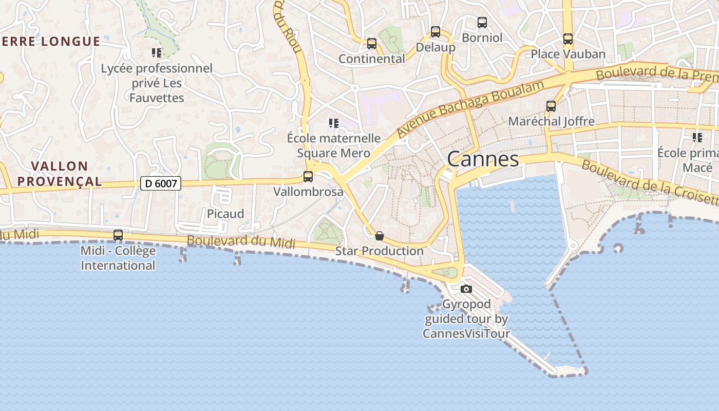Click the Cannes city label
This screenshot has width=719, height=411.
coord(483,159)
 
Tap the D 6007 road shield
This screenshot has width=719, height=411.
coord(161,183)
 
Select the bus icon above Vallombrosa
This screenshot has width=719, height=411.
coord(308,177)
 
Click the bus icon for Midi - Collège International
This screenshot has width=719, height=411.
coord(118,235)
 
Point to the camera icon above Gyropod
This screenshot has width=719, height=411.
coord(466,289)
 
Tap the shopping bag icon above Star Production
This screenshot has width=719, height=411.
coord(380,236)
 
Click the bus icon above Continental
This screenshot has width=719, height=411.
coord(372,44)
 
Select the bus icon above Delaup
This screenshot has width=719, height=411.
coord(436,32)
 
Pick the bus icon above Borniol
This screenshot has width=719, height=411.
coord(482,23)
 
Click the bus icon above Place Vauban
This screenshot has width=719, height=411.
coord(568,39)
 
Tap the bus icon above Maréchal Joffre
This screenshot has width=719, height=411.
coord(551,106)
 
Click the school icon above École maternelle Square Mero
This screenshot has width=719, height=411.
coord(334,123)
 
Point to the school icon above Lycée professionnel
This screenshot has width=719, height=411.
coord(157,52)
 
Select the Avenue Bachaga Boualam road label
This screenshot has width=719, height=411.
coord(470,109)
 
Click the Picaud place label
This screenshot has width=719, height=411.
coord(225,214)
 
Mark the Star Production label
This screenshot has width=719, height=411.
coord(380,251)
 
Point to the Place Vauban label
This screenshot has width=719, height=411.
coord(568,54)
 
